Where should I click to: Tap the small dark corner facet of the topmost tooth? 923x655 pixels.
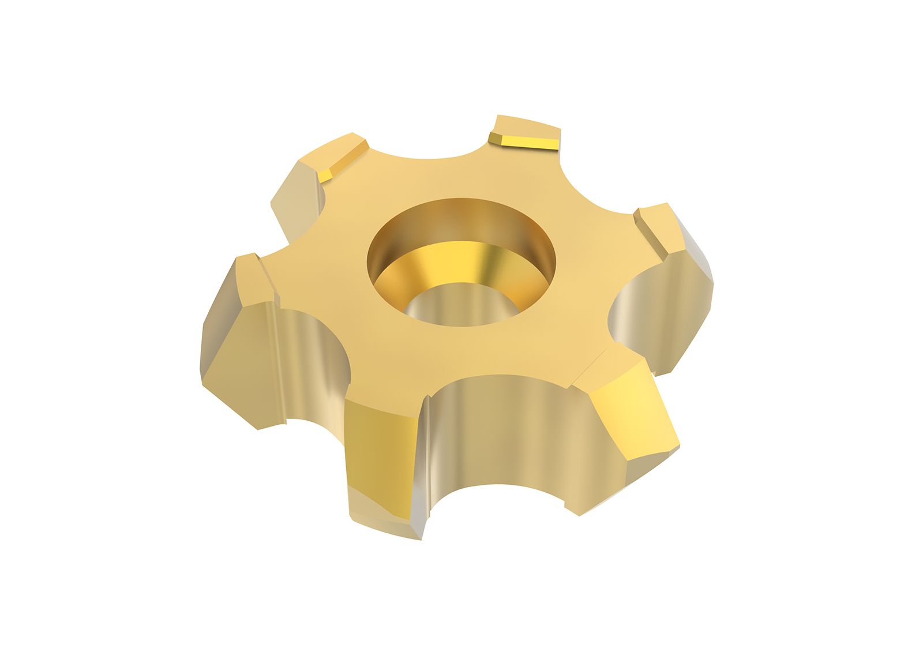click(x=494, y=139)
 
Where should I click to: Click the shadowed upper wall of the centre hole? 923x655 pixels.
click(x=461, y=219)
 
